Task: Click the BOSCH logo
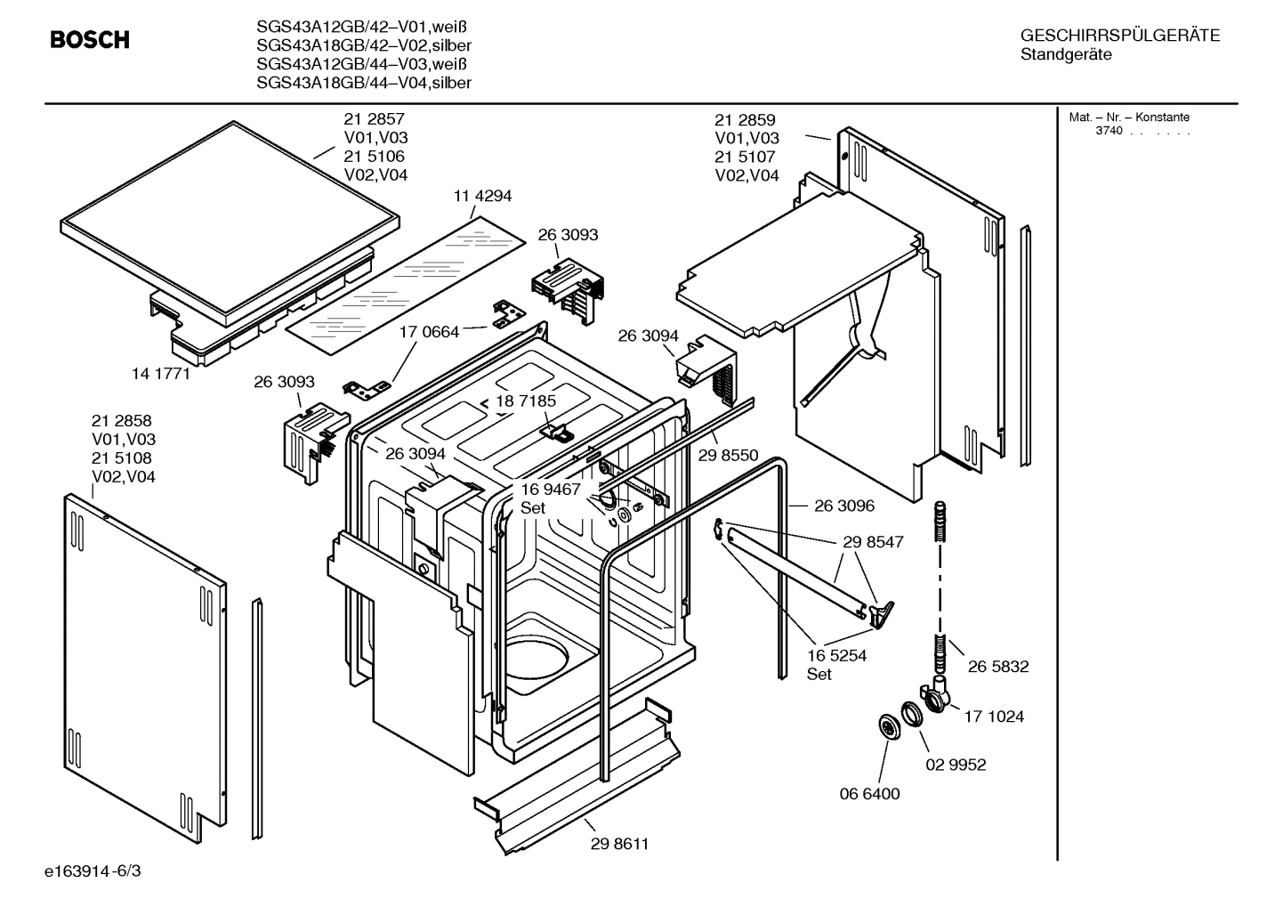coord(89,40)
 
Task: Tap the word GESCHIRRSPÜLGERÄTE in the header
coord(1119,36)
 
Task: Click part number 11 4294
coord(482,196)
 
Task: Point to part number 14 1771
coord(161,374)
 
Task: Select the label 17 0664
coord(429,332)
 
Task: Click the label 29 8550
coord(728,456)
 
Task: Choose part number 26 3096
coord(843,506)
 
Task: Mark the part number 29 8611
coord(619,844)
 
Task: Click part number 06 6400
coord(870,794)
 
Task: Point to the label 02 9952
coord(956,765)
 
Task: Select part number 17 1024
coord(994,716)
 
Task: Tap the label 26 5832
coord(998,666)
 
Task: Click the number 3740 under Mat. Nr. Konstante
coord(1109,131)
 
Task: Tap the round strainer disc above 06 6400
coord(889,726)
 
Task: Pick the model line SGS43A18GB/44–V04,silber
coord(363,83)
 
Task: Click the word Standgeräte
coord(1066,55)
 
